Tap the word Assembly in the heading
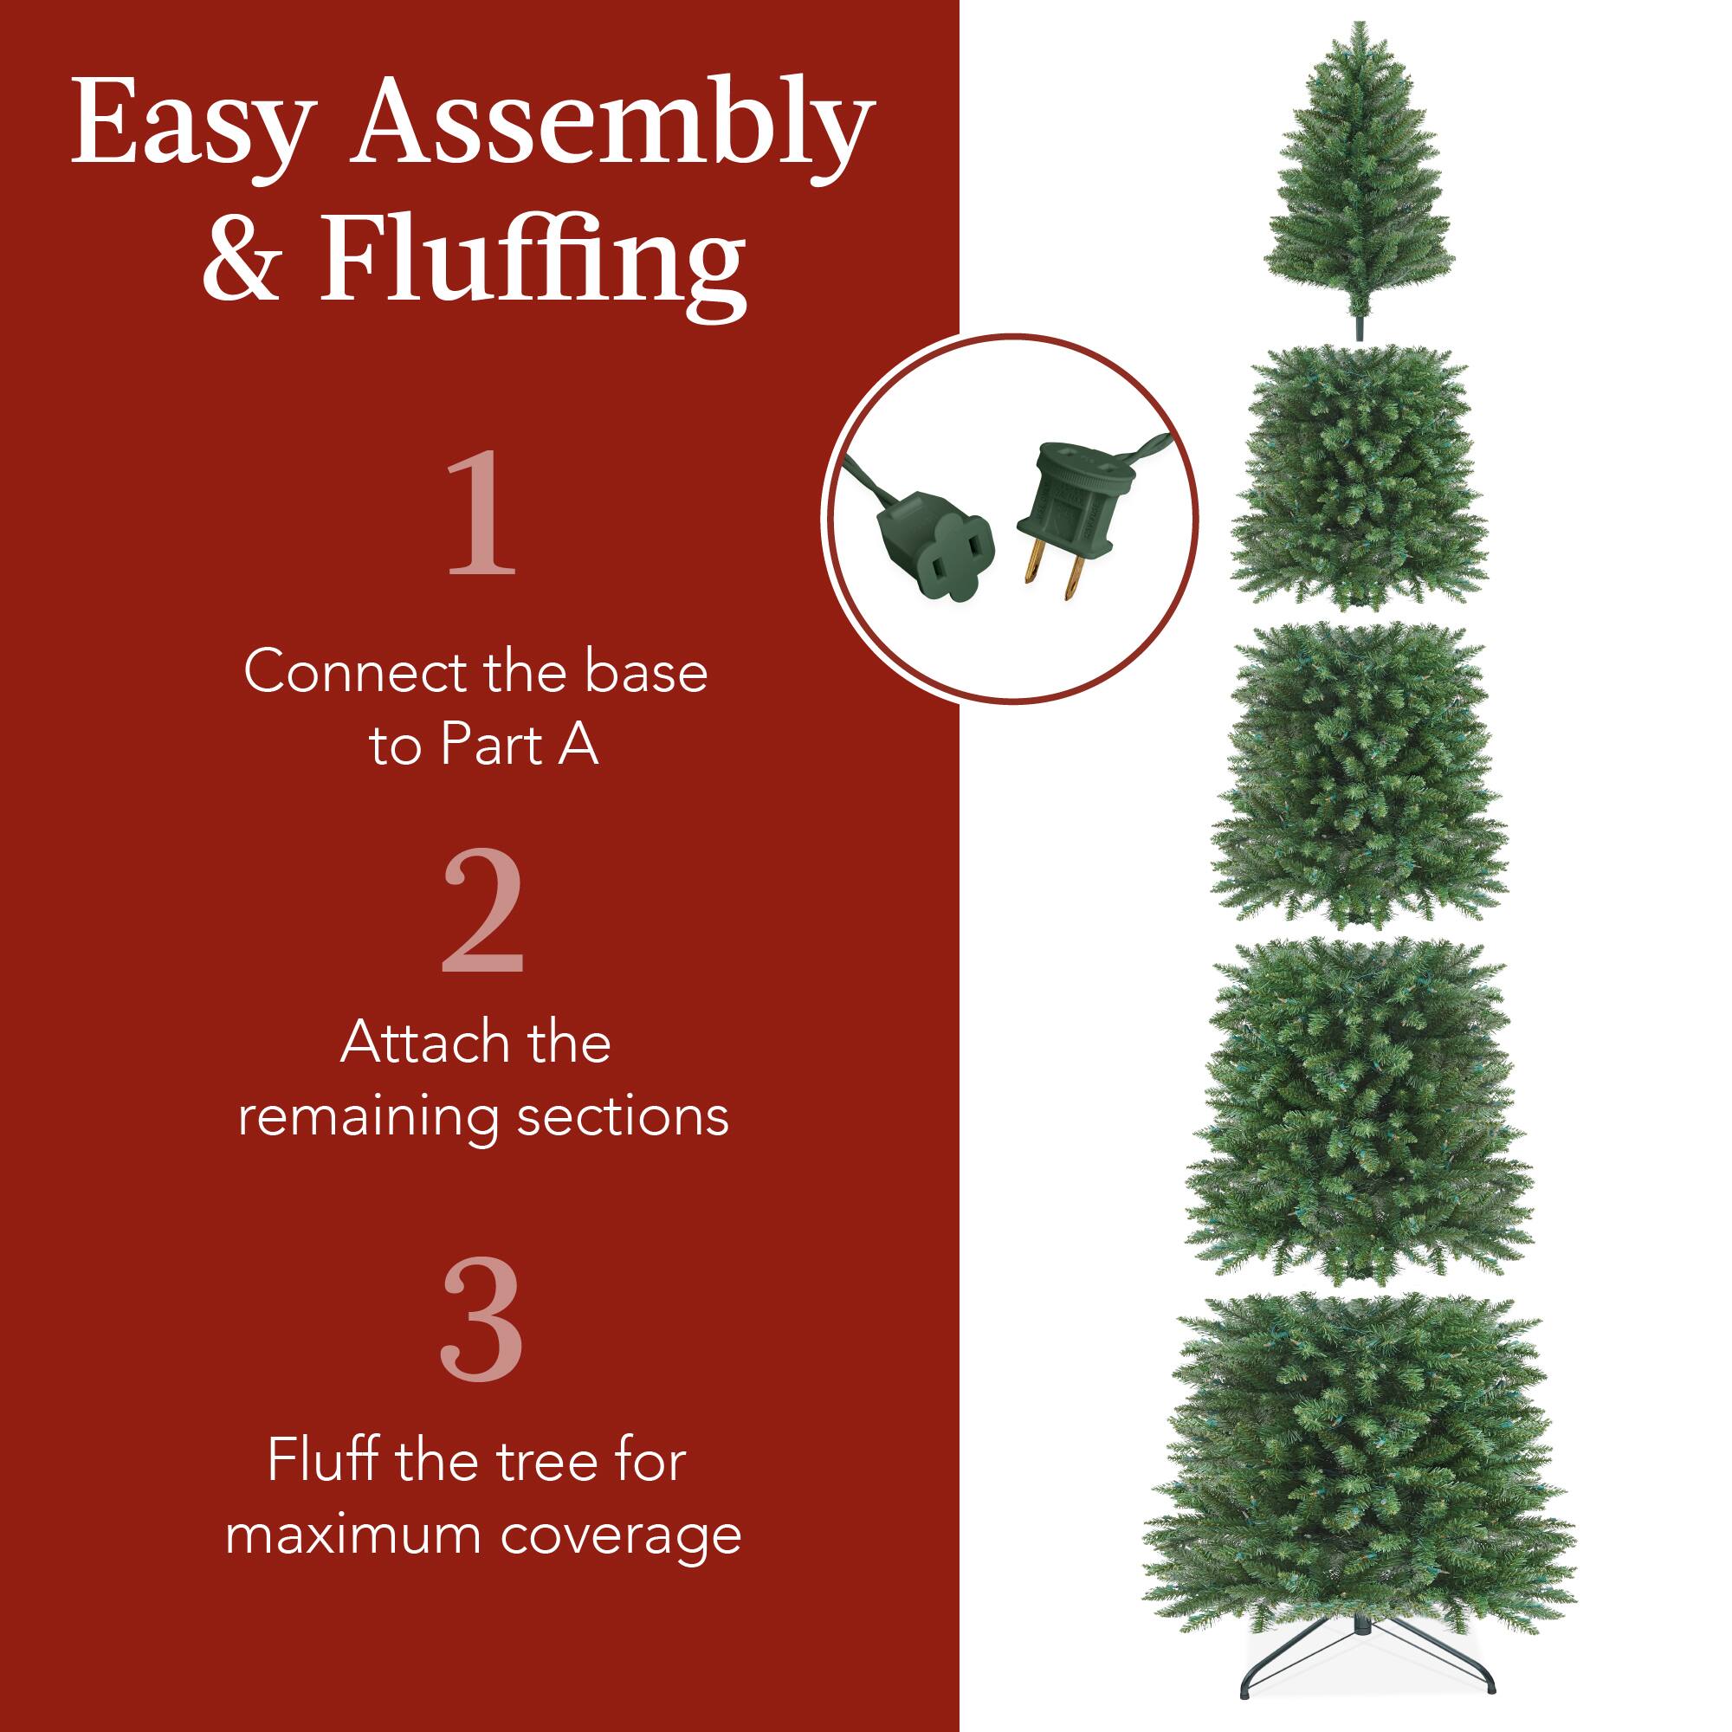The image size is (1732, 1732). (x=615, y=126)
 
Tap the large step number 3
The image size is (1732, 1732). (x=481, y=1318)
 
